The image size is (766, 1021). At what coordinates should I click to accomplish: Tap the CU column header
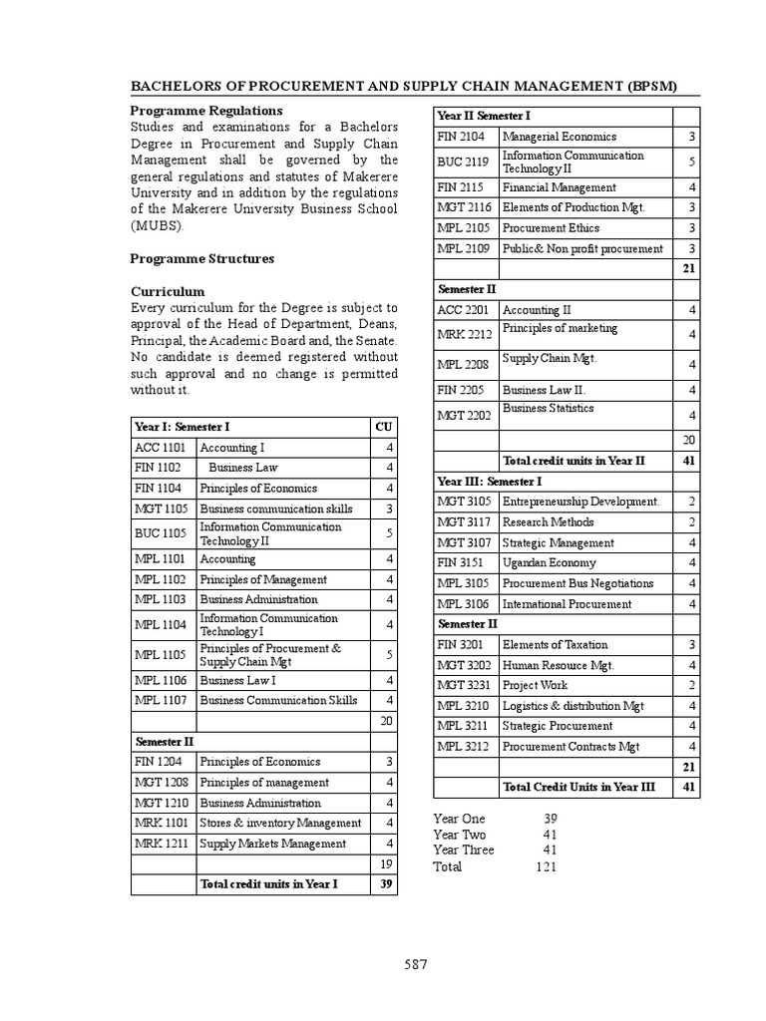[x=383, y=427]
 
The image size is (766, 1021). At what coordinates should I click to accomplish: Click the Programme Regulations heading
[x=206, y=111]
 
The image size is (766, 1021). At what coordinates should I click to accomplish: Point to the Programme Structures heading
[x=202, y=258]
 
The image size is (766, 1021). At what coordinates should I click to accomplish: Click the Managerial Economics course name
[x=560, y=137]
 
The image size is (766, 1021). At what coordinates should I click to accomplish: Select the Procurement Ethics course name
[x=550, y=227]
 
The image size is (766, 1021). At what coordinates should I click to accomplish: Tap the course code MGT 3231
[x=464, y=685]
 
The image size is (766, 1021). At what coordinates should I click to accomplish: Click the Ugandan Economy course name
[x=550, y=562]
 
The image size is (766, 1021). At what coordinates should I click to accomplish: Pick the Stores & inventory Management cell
[x=280, y=823]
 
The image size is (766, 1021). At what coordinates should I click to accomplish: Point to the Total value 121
[x=547, y=866]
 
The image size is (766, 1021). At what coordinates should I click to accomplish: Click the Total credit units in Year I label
[x=268, y=883]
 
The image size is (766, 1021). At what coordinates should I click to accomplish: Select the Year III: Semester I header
[x=490, y=481]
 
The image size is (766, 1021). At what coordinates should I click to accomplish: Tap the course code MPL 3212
[x=463, y=746]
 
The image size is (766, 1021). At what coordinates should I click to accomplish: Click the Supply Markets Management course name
[x=272, y=844]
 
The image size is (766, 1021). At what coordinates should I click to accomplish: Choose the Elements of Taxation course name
[x=555, y=644]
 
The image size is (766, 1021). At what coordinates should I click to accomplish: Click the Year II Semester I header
[x=484, y=116]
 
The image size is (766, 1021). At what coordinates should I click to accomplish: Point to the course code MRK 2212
[x=464, y=334]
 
